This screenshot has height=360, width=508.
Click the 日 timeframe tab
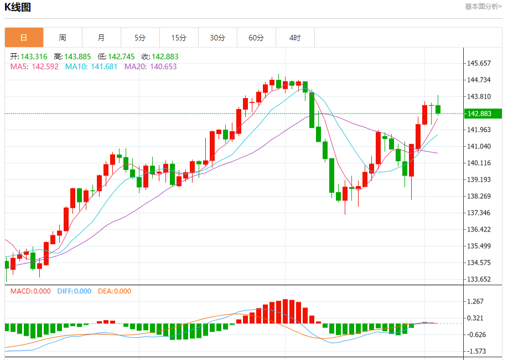pyautogui.click(x=24, y=38)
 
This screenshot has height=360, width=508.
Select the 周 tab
pyautogui.click(x=63, y=38)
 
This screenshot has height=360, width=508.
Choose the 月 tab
pyautogui.click(x=101, y=38)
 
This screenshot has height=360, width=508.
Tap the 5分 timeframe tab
pyautogui.click(x=140, y=38)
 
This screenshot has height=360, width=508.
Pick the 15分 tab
pyautogui.click(x=179, y=38)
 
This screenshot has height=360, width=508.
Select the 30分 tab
pyautogui.click(x=217, y=38)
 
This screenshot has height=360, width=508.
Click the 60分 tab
pyautogui.click(x=256, y=38)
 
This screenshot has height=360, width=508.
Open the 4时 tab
pyautogui.click(x=295, y=38)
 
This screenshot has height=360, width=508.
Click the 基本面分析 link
pyautogui.click(x=483, y=7)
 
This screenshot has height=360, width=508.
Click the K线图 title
pyautogui.click(x=18, y=7)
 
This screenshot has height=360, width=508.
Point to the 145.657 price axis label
pyautogui.click(x=479, y=63)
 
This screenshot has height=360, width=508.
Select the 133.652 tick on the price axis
pyautogui.click(x=479, y=279)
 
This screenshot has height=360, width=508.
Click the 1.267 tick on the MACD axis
pyautogui.click(x=476, y=301)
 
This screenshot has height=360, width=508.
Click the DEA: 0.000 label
pyautogui.click(x=115, y=291)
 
